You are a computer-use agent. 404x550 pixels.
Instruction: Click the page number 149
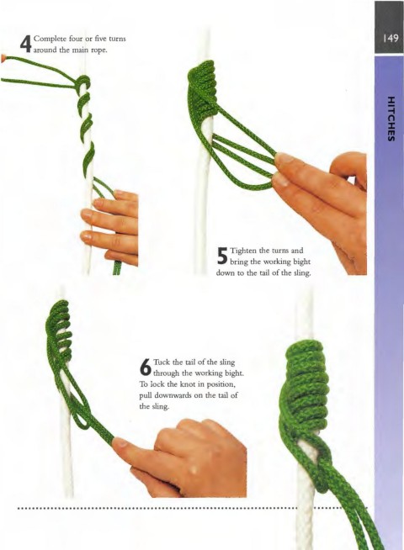point(391,38)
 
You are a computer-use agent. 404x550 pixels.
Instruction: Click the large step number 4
point(25,44)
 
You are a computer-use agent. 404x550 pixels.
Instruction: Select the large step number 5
point(222,256)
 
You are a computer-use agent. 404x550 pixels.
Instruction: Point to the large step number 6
point(146,367)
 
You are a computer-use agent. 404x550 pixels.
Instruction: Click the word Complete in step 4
point(48,38)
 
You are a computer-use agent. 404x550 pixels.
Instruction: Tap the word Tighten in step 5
point(243,251)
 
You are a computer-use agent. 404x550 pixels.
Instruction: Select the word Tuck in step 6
point(161,362)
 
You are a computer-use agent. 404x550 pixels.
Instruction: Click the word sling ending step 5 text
point(303,273)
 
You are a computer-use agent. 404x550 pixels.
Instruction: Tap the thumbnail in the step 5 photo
point(284,159)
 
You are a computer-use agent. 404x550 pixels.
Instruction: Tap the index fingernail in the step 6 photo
point(120,442)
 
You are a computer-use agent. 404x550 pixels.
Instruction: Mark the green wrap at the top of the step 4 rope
point(83,82)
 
